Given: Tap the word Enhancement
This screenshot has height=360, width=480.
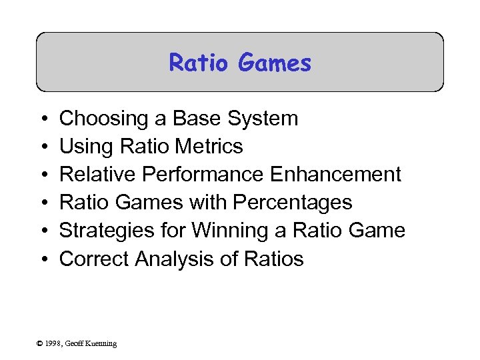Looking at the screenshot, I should pos(336,175).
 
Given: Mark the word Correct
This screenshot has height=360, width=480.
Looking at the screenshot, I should pos(94,259).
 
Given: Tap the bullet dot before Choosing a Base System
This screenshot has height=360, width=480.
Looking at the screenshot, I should pos(43,119).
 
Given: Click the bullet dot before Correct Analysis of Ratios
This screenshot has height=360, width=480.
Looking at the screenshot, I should pos(43,259).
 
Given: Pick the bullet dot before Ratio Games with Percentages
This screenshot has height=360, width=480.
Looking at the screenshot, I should pos(43,203).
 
